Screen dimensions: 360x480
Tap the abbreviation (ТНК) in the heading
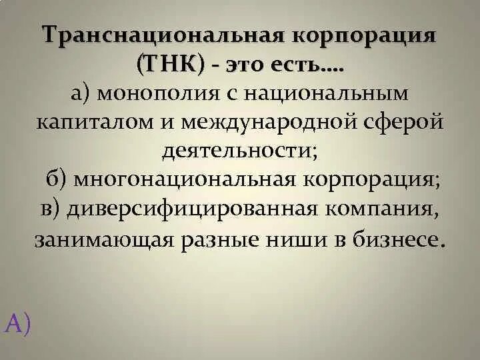pos(171,65)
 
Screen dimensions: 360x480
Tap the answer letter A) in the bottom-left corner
pos(18,323)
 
